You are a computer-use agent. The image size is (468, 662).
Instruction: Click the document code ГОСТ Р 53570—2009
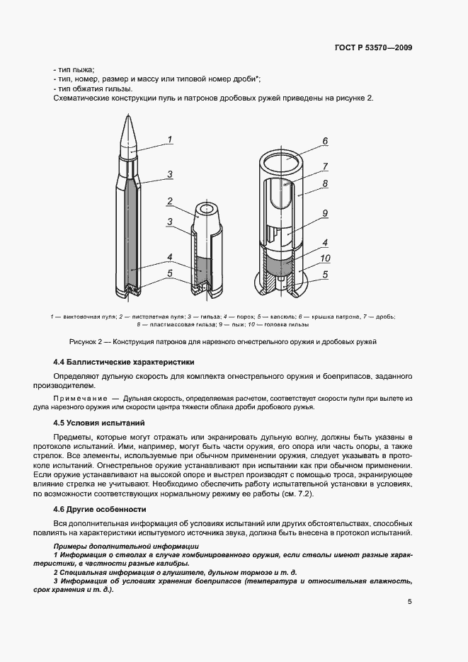tap(372, 48)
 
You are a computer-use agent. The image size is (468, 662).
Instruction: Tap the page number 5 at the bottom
tap(410, 602)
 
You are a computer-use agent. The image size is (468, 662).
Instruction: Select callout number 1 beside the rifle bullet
tap(169, 139)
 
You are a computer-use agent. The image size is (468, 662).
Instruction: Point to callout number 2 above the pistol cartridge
tap(169, 201)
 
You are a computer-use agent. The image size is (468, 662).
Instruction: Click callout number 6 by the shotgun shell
tap(324, 141)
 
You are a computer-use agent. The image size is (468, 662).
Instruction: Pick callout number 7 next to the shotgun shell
tap(324, 167)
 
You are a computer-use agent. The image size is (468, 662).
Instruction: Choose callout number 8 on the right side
tap(324, 183)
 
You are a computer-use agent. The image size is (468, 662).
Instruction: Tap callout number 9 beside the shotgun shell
tap(324, 213)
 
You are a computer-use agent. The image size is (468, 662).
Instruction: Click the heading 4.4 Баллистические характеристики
tap(118, 361)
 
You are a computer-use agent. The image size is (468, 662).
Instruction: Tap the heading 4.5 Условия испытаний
tap(99, 423)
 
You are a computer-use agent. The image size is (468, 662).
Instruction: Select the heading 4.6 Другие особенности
tap(100, 509)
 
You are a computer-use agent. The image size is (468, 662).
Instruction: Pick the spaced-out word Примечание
tap(81, 399)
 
